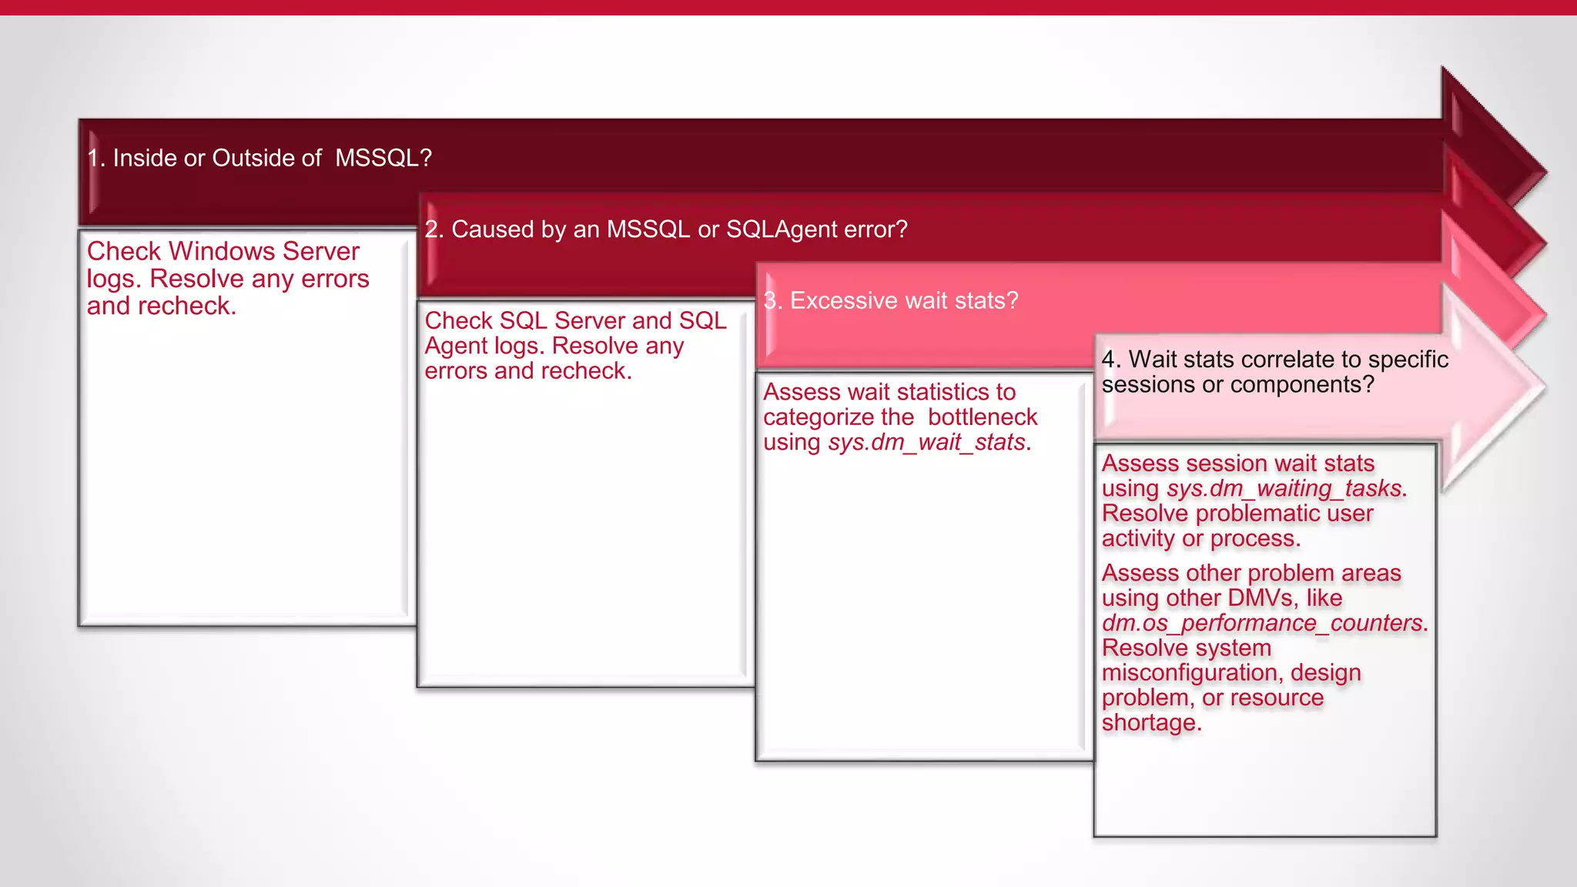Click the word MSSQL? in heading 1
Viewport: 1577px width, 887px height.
pyautogui.click(x=383, y=158)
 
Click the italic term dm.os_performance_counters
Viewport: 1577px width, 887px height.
pyautogui.click(x=1264, y=623)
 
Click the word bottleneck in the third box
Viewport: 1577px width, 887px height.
pyautogui.click(x=982, y=417)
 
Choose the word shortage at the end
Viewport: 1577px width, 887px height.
pyautogui.click(x=1150, y=723)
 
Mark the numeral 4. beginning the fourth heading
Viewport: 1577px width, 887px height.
pyautogui.click(x=1111, y=360)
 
